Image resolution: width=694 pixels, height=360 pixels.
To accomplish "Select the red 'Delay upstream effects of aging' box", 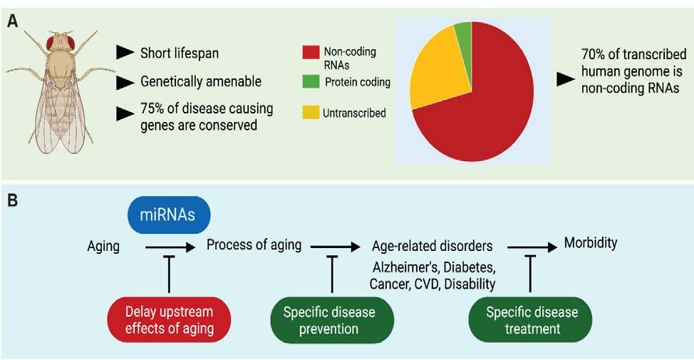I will pos(169,319).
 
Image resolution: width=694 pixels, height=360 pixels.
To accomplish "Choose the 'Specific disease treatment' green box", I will pos(532,319).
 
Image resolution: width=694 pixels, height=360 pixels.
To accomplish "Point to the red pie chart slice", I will pos(485,114).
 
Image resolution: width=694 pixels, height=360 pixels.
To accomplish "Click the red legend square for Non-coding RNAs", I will pos(310,52).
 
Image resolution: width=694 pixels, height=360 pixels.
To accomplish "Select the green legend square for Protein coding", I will pos(310,81).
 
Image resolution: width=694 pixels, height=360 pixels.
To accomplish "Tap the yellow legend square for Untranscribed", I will pos(310,113).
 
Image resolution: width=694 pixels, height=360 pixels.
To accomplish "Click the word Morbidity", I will pos(591,243).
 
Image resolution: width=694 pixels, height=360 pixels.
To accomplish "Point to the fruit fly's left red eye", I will pos(51,43).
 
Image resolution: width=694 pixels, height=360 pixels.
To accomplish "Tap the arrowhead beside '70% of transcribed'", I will pos(566,80).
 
